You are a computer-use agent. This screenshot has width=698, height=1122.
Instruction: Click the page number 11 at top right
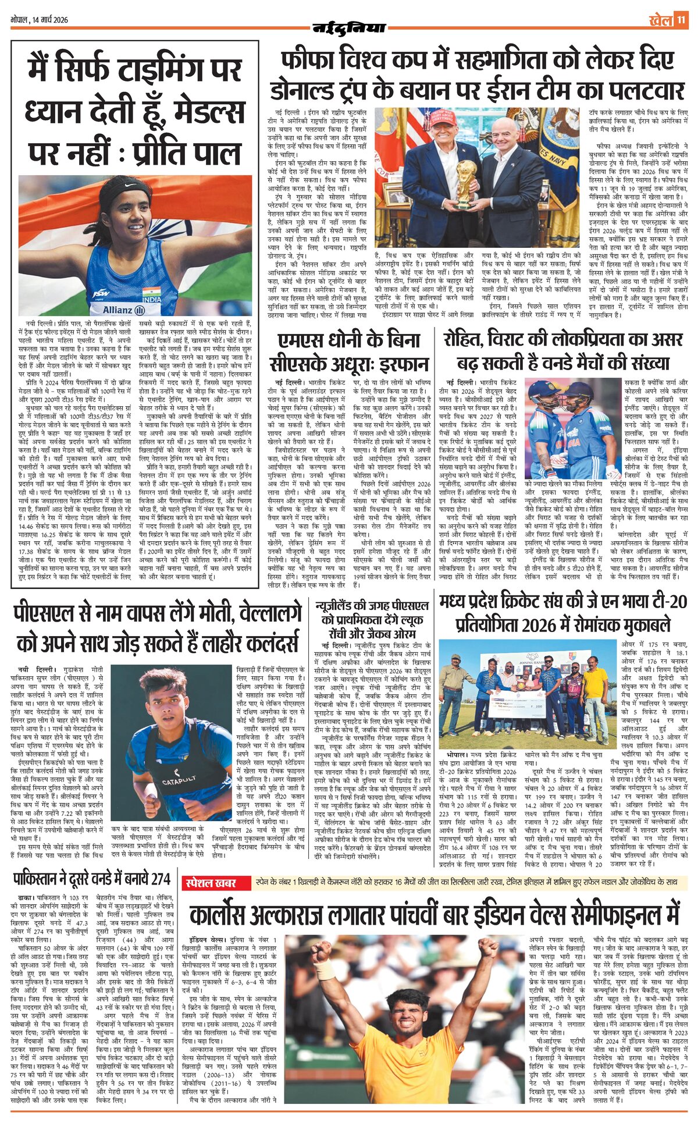coord(681,20)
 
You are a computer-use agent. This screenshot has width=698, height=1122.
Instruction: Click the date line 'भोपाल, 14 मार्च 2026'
coord(39,20)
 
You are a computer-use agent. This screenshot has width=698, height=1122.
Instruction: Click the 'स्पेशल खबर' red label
coord(211,883)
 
